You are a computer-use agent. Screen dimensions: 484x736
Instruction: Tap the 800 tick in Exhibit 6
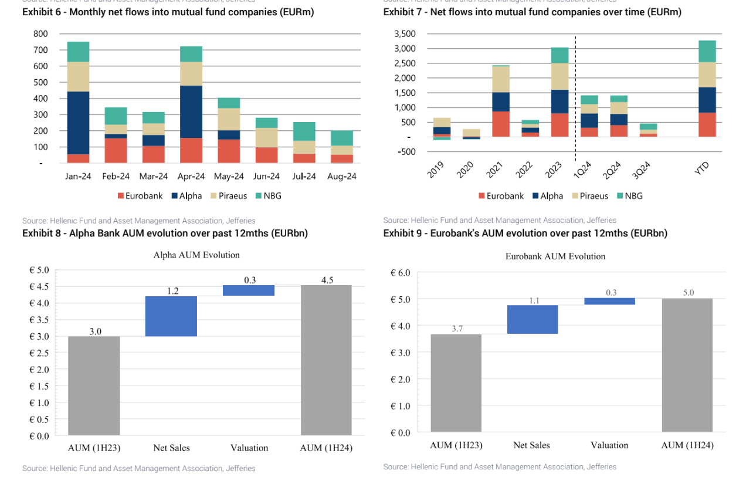40,34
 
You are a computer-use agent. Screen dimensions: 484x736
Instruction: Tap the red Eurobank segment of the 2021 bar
500,124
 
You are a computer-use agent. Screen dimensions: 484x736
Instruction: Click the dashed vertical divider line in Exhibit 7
575,88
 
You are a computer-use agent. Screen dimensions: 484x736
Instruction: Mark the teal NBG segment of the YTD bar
708,51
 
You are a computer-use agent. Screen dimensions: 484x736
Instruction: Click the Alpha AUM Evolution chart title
196,255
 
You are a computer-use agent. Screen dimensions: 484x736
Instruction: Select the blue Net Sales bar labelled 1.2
172,316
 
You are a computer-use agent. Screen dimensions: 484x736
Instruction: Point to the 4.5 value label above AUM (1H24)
327,280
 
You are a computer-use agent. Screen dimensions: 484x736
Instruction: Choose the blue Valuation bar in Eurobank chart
610,301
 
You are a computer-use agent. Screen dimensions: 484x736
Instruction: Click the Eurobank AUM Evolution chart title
555,256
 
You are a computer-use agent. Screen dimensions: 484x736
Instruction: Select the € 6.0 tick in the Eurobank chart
400,273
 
